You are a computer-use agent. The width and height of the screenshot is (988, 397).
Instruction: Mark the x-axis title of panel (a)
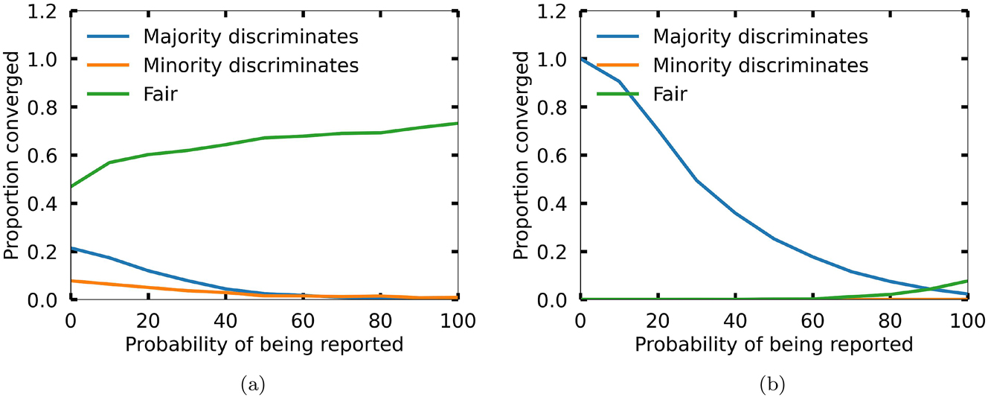pyautogui.click(x=265, y=345)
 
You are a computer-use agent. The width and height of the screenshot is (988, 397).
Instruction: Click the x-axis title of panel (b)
pyautogui.click(x=774, y=345)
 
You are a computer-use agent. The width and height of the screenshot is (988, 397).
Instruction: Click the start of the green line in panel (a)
pyautogui.click(x=71, y=186)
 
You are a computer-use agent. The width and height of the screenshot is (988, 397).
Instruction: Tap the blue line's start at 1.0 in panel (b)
pyautogui.click(x=580, y=59)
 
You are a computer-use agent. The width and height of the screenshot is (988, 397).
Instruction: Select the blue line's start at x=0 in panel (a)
pyautogui.click(x=71, y=248)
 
